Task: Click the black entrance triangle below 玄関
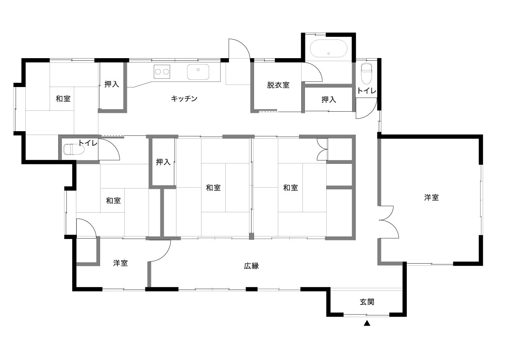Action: (x=367, y=323)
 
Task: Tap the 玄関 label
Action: (x=367, y=302)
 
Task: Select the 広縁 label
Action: (x=251, y=266)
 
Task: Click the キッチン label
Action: (x=184, y=98)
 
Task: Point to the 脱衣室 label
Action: (x=278, y=85)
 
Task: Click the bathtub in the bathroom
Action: (x=329, y=48)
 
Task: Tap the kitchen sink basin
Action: (x=198, y=72)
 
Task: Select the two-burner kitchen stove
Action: (x=162, y=72)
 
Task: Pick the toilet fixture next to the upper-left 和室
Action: (x=74, y=149)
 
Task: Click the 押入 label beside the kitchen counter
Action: (x=112, y=84)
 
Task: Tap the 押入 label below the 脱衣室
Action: (x=329, y=99)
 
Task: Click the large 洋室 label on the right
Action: (x=431, y=197)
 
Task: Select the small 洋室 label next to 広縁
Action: (x=120, y=263)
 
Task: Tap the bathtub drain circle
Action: (x=329, y=53)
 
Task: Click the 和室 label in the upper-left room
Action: (x=63, y=98)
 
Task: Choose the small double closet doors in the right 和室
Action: (x=322, y=149)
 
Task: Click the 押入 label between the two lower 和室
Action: (x=163, y=162)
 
